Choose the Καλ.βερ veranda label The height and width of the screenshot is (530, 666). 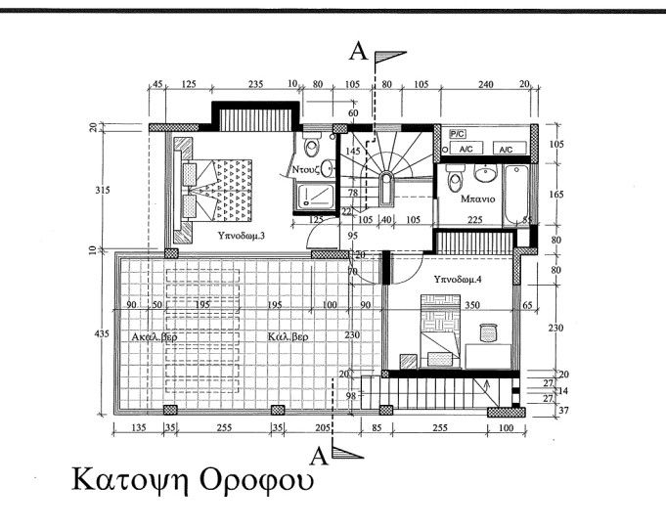pos(289,336)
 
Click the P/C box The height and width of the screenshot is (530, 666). pos(457,132)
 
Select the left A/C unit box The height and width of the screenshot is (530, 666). pos(466,149)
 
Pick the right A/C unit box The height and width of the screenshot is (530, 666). pos(506,149)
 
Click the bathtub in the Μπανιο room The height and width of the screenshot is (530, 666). pos(516,195)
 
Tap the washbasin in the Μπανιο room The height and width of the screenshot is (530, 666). pos(484,174)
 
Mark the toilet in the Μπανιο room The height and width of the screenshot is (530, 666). pos(454,179)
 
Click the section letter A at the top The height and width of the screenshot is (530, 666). pos(359,53)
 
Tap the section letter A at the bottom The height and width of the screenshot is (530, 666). pos(319,455)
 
